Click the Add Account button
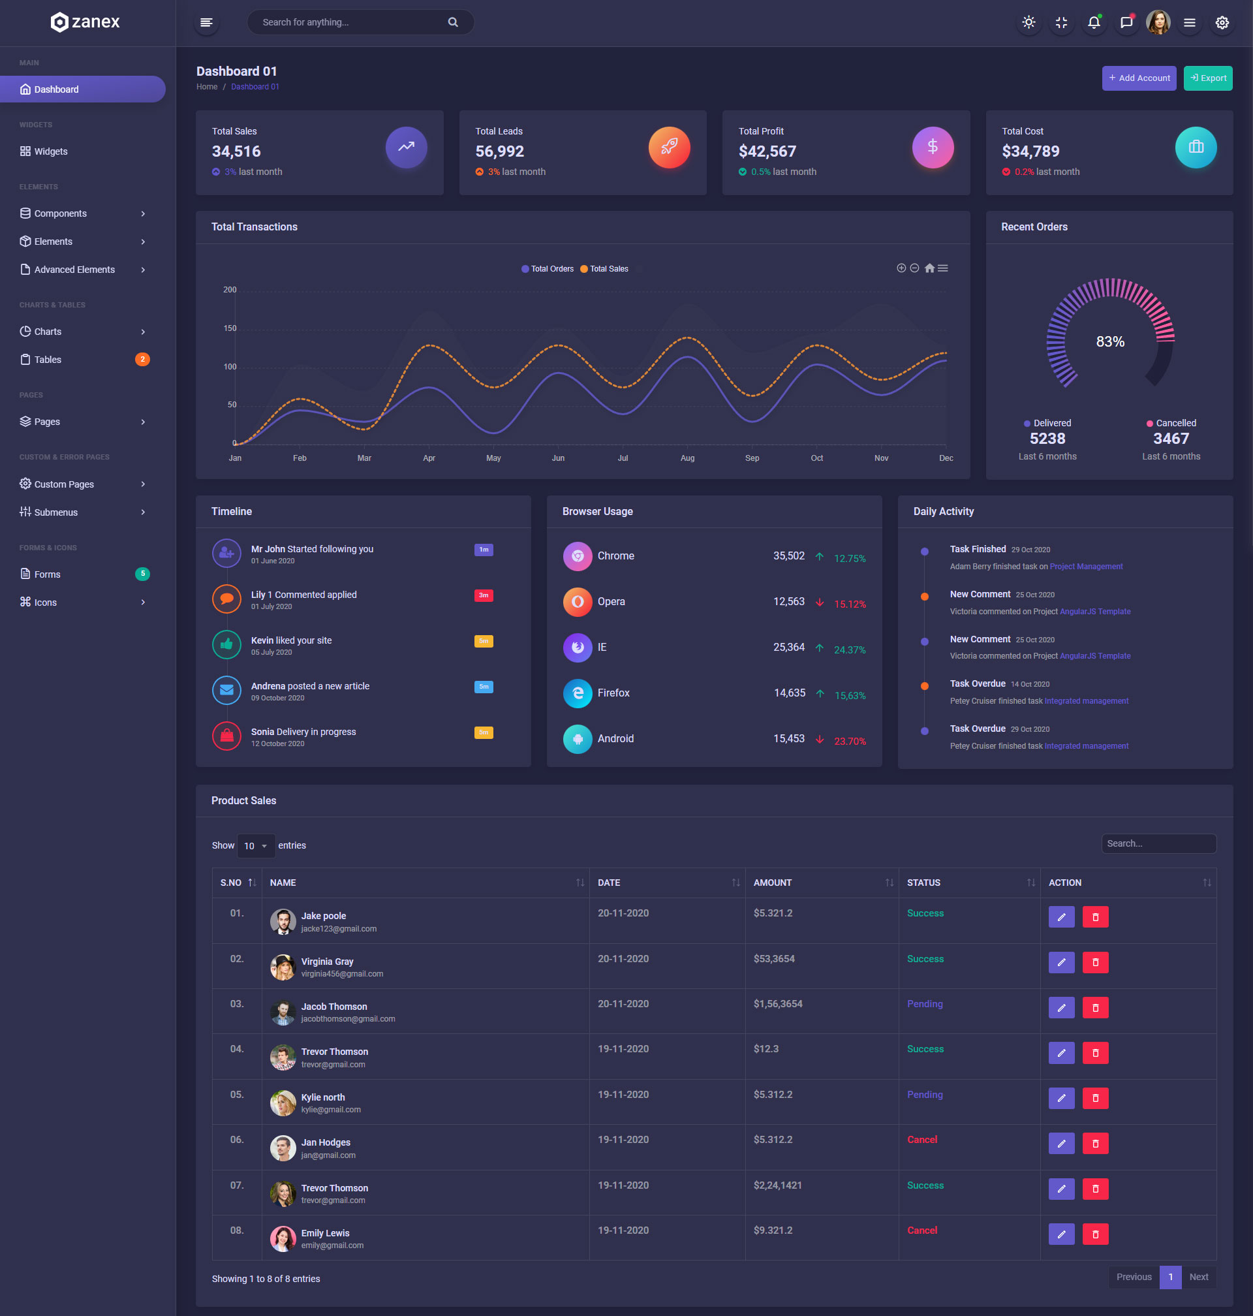tap(1139, 78)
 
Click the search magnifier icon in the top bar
tap(453, 22)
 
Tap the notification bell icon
tap(1093, 23)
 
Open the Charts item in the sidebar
tap(48, 332)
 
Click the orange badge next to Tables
tap(142, 360)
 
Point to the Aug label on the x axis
tap(687, 458)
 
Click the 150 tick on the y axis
tap(230, 328)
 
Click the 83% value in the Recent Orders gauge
tap(1110, 341)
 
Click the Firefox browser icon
tap(577, 693)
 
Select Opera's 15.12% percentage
tap(850, 604)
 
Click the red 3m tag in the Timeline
tap(484, 595)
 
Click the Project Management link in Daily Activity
tap(1086, 567)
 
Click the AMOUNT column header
tap(773, 883)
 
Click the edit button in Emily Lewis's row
tap(1061, 1234)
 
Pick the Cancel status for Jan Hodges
tap(921, 1140)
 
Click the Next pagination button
tap(1198, 1277)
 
